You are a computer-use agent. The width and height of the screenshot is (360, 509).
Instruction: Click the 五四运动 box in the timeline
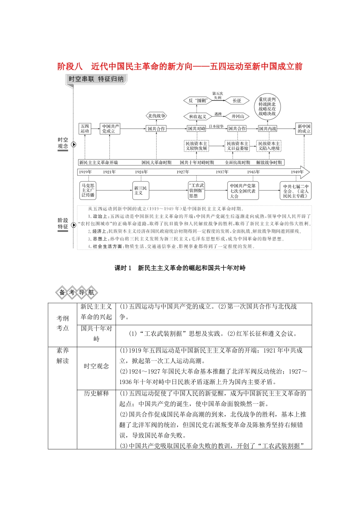pos(85,129)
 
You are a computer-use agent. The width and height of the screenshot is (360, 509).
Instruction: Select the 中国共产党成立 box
pos(110,129)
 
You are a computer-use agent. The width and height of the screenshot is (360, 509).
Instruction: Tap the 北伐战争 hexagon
pos(157,116)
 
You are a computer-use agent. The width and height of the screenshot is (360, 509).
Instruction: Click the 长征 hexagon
pos(237,100)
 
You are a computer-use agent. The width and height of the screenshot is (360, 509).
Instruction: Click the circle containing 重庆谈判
pos(267,106)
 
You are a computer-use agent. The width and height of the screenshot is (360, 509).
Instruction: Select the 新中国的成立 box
pos(304,129)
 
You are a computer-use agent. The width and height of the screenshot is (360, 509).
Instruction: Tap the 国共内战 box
pos(268,129)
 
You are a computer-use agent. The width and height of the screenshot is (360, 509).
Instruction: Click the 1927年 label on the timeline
pos(183,172)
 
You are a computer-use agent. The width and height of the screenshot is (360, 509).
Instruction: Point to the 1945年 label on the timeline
pos(253,172)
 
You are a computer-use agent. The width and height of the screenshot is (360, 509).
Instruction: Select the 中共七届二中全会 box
pos(296,191)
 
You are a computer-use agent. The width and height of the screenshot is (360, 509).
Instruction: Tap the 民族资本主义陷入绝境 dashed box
pos(269,146)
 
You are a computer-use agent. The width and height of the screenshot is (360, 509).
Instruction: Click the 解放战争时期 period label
pos(269,162)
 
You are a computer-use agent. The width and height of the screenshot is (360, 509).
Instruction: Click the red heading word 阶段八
pos(70,67)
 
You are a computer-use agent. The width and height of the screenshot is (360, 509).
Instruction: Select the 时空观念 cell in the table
pos(96,366)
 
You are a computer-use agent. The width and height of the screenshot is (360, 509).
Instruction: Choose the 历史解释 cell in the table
pos(96,393)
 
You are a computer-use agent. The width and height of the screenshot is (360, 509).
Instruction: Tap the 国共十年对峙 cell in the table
pos(96,333)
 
